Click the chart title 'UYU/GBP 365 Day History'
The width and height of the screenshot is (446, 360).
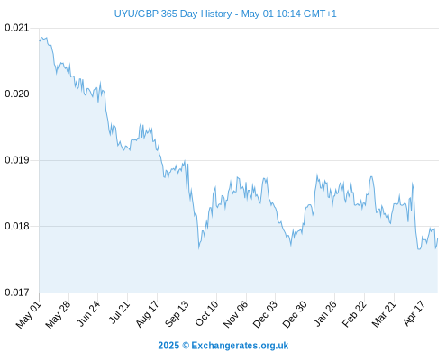click(173, 13)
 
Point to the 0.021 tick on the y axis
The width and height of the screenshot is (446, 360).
click(17, 28)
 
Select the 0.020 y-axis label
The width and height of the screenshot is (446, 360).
click(17, 94)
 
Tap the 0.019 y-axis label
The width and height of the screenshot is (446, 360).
click(17, 160)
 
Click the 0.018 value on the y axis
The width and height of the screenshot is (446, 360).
click(17, 226)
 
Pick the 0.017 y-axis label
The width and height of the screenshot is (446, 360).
click(17, 292)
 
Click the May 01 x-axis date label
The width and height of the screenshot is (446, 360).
click(29, 314)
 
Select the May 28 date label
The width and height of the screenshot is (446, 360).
click(58, 314)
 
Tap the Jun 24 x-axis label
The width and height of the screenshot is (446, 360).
click(88, 313)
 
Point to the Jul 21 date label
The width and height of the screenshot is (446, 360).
click(119, 312)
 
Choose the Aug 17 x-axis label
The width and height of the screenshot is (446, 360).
click(147, 314)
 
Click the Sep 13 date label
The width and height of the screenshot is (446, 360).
click(177, 314)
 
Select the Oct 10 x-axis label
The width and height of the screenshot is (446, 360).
click(206, 313)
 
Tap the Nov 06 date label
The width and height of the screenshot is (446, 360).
click(235, 314)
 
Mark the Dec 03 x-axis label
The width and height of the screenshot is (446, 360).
click(265, 314)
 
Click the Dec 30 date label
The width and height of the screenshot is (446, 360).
click(295, 314)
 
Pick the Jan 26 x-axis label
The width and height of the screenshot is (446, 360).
click(324, 313)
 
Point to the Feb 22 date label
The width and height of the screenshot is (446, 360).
click(354, 314)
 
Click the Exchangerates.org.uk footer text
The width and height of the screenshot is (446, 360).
click(240, 346)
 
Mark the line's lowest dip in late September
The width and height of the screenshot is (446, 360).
click(199, 248)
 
